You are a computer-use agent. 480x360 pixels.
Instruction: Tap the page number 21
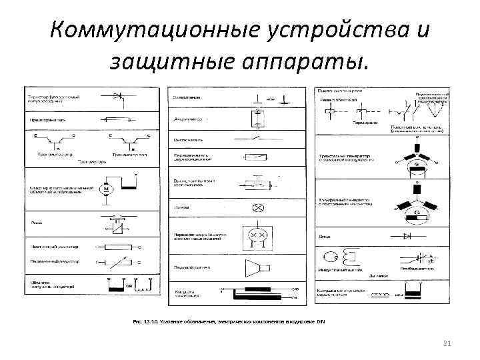[447, 343]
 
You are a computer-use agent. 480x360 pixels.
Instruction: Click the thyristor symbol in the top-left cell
[119, 97]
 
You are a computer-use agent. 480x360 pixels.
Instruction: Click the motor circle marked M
[105, 189]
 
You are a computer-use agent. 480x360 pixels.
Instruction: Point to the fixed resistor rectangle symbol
[119, 246]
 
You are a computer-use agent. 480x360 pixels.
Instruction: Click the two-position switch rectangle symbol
[256, 158]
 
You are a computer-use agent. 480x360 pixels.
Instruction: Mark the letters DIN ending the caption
[321, 322]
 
